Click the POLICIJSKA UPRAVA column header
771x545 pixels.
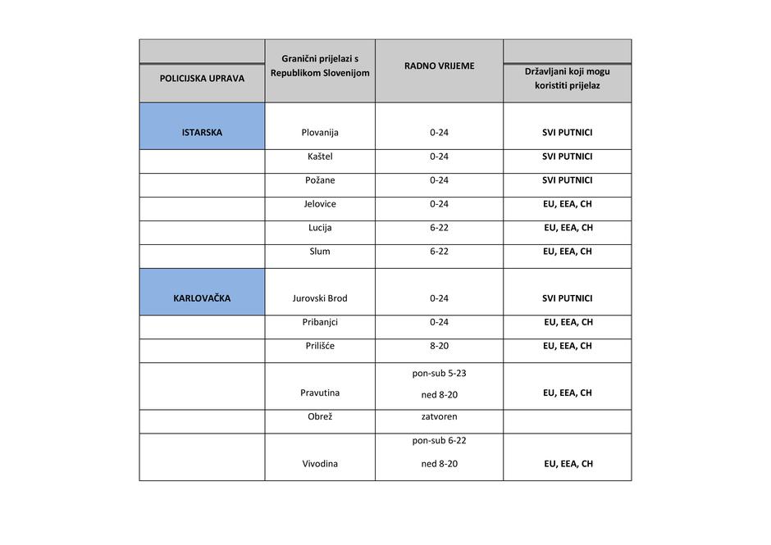tap(202, 79)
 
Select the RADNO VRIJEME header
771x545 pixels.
tap(439, 66)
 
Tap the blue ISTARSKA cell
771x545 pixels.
tap(202, 132)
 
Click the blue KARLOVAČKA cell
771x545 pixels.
tap(202, 298)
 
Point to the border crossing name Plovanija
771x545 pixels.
tap(320, 132)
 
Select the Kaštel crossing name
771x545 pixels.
tap(320, 156)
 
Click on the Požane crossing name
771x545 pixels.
tap(320, 179)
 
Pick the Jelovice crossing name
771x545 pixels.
tap(320, 203)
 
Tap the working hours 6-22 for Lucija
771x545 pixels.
tap(439, 227)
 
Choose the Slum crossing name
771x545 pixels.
tap(320, 251)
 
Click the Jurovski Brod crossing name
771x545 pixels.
tap(320, 298)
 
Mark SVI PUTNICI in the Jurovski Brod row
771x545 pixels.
tap(567, 298)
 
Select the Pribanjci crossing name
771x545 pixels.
tap(320, 322)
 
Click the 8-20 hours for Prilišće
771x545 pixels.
tap(439, 346)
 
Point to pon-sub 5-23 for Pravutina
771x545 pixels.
tap(439, 373)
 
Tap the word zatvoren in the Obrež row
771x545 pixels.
tap(439, 416)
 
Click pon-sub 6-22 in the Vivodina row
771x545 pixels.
tap(439, 440)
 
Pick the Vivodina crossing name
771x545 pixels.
tap(320, 463)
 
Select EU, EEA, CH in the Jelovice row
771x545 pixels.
tap(567, 203)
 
